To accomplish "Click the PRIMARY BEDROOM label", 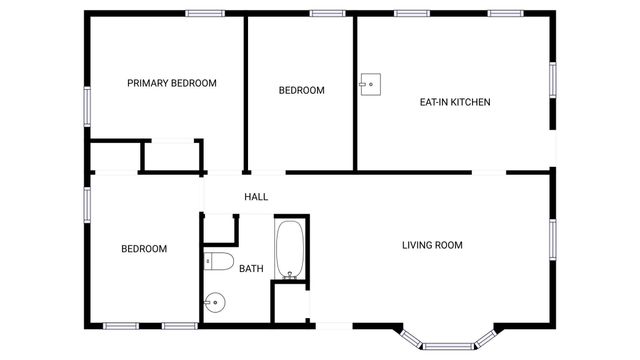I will [172, 83].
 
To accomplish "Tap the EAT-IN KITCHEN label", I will [455, 102].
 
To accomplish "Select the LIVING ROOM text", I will [432, 245].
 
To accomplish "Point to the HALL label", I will [256, 197].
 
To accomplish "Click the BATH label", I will [251, 268].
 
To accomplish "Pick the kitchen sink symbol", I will [371, 82].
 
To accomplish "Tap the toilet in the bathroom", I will [218, 263].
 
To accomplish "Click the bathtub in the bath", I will [289, 249].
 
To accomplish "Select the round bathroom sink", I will [215, 300].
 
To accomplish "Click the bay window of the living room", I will [449, 344].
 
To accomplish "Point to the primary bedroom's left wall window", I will [88, 105].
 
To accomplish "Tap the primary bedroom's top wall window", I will [204, 13].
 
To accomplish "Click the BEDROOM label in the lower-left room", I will [144, 249].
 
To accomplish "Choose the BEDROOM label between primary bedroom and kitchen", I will [301, 91].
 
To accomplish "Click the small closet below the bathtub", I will [289, 303].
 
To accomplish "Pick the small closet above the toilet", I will [218, 229].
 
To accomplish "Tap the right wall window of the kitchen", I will [552, 81].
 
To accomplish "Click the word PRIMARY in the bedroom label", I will [148, 83].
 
